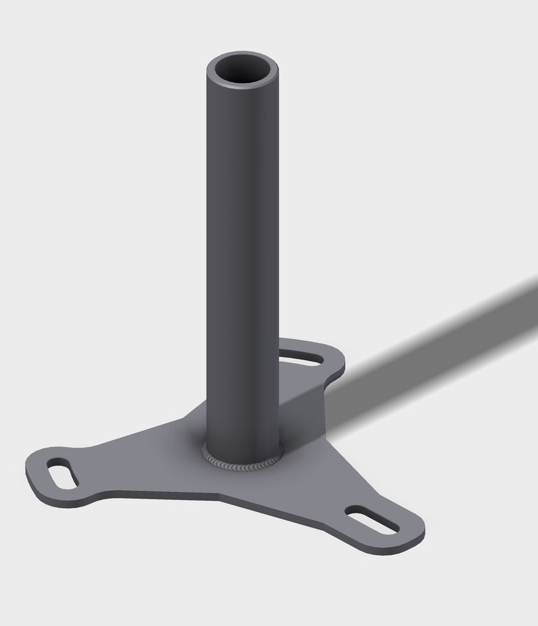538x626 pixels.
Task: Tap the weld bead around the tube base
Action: pos(242,466)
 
